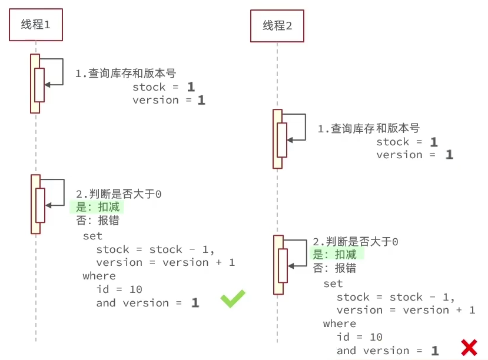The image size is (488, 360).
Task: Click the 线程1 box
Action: (x=36, y=25)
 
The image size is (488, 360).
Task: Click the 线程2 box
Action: (x=277, y=26)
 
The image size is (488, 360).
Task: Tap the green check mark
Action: (x=233, y=299)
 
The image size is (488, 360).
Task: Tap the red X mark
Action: (x=469, y=348)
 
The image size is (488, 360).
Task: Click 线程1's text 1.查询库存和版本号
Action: (x=125, y=74)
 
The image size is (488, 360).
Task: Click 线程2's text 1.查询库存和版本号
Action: (x=368, y=128)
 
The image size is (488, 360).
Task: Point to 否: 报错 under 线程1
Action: (x=97, y=221)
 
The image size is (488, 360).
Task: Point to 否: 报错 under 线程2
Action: (x=334, y=268)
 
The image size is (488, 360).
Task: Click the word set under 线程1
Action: (x=92, y=236)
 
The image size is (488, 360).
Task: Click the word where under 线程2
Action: (x=340, y=324)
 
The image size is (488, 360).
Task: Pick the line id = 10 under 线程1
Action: (x=119, y=289)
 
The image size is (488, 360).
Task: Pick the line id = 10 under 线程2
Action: (x=360, y=337)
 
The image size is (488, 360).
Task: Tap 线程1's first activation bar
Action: (x=35, y=83)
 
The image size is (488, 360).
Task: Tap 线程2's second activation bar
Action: (x=277, y=265)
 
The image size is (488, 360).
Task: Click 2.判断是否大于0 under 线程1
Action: (x=119, y=194)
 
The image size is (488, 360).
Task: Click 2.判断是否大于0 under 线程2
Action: (x=356, y=242)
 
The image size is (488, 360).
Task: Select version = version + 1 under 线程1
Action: (x=165, y=262)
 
